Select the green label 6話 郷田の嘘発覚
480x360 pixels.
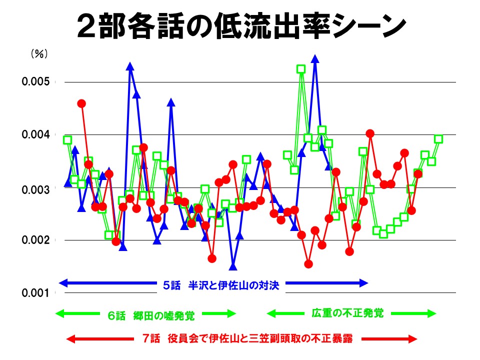[x=151, y=315]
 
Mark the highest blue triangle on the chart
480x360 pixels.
[x=315, y=58]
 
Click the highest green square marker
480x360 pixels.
[x=301, y=69]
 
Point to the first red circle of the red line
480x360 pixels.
[x=81, y=103]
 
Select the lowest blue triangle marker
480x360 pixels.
[x=233, y=266]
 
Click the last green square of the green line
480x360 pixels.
[x=438, y=139]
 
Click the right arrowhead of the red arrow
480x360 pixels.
[x=413, y=339]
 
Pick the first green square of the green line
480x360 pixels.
[x=67, y=140]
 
